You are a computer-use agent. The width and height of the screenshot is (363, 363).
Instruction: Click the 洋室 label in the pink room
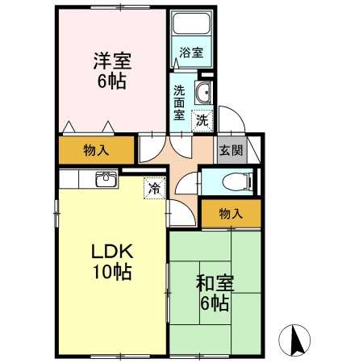112,61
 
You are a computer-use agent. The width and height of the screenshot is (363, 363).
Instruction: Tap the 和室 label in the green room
215,283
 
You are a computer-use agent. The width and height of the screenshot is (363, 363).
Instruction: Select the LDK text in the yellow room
112,252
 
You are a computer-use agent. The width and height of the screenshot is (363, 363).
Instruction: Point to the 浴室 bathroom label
191,52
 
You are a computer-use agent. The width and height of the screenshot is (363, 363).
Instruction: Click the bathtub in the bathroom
191,23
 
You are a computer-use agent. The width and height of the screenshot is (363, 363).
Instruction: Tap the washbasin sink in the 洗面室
203,93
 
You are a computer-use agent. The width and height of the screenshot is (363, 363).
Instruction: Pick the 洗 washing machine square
202,121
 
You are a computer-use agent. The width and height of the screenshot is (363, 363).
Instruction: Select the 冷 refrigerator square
155,188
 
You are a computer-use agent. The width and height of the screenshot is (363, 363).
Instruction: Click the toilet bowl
237,182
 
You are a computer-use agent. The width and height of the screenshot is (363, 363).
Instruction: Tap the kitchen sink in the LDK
106,179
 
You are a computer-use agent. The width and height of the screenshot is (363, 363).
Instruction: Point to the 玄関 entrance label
232,150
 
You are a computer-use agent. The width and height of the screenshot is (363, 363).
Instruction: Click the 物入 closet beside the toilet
232,214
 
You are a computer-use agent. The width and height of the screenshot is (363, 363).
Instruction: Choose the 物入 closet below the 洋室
96,150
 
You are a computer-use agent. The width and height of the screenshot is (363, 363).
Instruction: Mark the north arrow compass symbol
294,340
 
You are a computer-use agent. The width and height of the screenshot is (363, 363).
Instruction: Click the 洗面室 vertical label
179,103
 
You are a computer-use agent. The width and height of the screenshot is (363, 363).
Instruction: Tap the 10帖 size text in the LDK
112,272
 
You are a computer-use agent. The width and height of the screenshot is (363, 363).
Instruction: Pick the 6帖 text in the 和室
215,303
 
